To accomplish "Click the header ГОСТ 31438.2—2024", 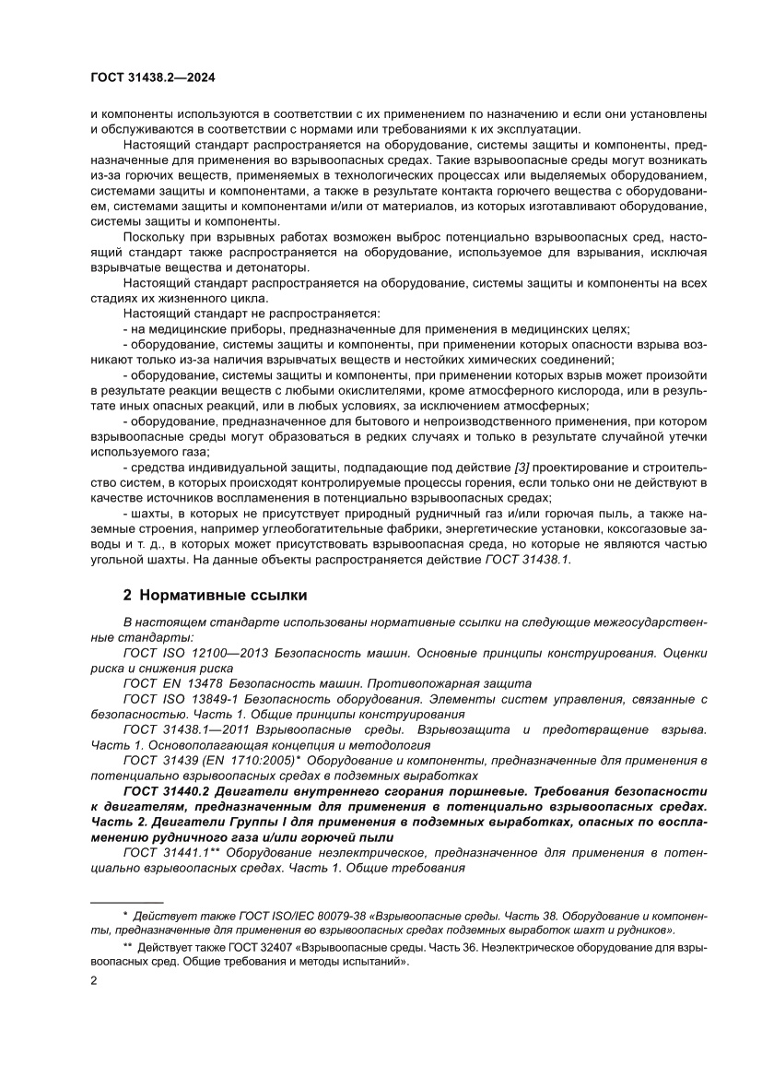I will click(152, 78).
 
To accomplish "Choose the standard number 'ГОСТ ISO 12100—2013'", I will click(194, 653).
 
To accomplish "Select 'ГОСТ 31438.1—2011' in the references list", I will click(183, 729).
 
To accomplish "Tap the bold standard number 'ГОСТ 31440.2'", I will click(164, 791).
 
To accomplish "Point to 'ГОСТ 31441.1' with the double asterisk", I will click(170, 853).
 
